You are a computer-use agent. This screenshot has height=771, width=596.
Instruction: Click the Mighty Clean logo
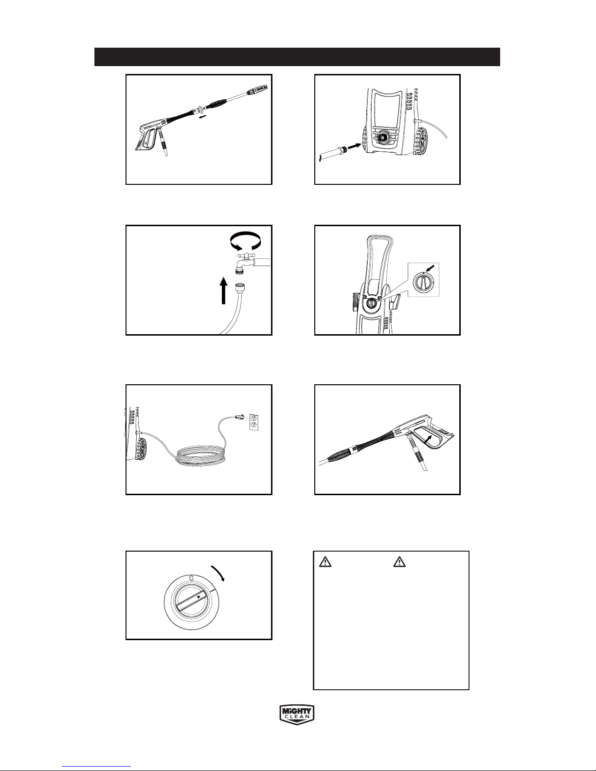(x=297, y=714)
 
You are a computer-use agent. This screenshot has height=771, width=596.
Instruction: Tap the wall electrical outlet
(x=254, y=422)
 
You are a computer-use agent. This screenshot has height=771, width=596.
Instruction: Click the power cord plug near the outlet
(x=240, y=417)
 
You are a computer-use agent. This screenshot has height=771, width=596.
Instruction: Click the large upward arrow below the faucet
(x=223, y=290)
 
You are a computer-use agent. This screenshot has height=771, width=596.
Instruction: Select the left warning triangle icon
(x=325, y=562)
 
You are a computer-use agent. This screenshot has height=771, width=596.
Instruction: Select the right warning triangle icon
(x=399, y=562)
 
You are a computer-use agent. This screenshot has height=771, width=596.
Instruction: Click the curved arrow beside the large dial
(x=218, y=573)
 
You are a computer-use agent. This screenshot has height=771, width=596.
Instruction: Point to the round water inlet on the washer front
(x=383, y=137)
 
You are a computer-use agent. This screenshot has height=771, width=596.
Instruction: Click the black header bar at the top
(x=297, y=57)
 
